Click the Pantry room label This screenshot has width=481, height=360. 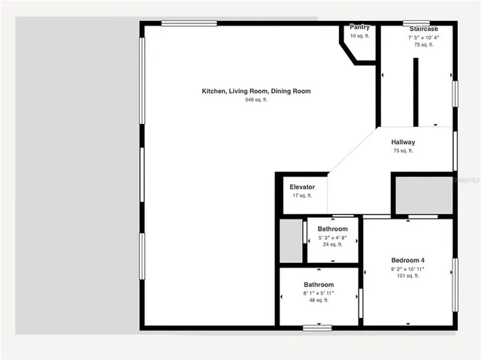(359, 27)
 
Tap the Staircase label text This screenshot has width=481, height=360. (423, 29)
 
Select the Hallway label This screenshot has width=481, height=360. (403, 142)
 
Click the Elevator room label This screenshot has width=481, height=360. (302, 186)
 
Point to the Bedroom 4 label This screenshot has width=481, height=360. (407, 260)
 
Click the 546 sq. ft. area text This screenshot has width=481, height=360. (256, 100)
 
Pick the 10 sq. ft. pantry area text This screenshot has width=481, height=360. (359, 35)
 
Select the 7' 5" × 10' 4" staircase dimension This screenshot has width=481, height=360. (423, 37)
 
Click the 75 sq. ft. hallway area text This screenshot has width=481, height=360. (403, 151)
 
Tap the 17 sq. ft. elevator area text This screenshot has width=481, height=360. (302, 195)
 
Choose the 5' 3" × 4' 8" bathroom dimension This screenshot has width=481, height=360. (332, 237)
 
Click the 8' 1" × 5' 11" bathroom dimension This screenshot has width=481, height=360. (319, 293)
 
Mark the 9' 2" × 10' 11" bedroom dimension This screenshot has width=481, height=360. (407, 268)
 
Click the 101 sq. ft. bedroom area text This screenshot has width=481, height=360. (407, 276)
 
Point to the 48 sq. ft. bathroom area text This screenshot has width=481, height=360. (319, 301)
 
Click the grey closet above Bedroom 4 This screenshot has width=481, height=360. (423, 195)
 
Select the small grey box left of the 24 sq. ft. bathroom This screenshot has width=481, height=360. (290, 241)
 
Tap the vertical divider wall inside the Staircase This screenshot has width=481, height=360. (414, 92)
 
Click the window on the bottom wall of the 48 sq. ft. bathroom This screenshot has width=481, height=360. (318, 327)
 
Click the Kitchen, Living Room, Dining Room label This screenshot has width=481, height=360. (256, 91)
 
